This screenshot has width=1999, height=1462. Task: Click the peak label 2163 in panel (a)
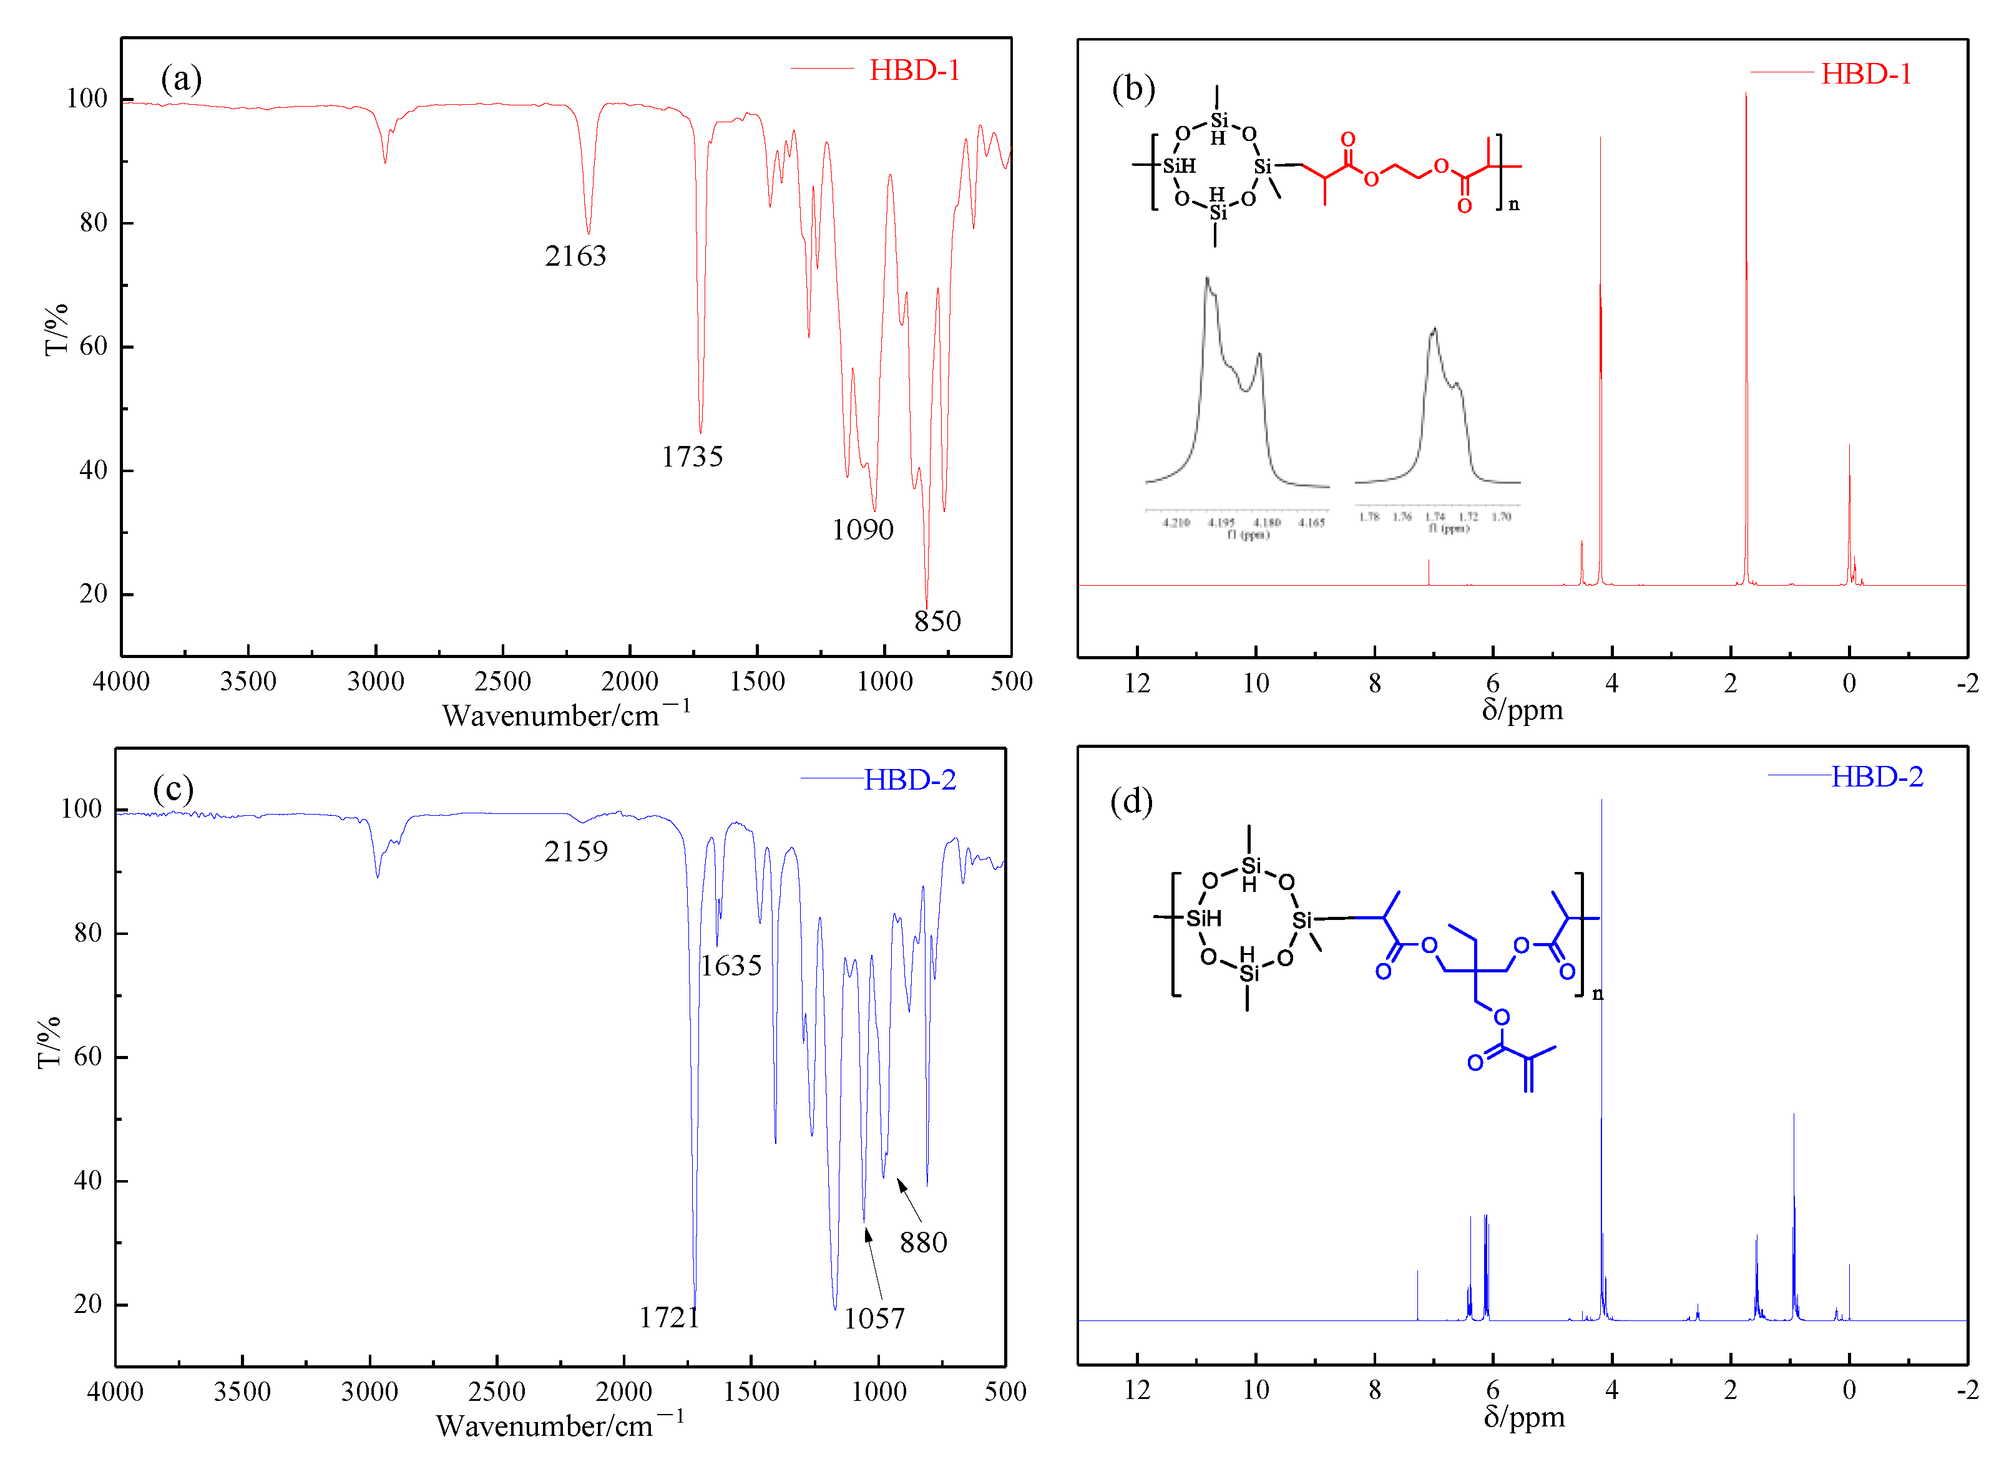click(x=575, y=256)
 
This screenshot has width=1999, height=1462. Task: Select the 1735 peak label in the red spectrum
click(x=692, y=457)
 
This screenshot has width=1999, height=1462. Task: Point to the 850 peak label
click(x=937, y=621)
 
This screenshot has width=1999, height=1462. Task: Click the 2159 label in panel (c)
click(x=575, y=851)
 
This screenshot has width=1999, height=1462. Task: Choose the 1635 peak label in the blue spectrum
click(x=730, y=966)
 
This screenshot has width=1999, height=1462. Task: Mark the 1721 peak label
click(x=669, y=1318)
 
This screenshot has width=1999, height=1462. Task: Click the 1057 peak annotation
click(x=874, y=1319)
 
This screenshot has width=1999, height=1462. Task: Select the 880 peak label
click(x=924, y=1242)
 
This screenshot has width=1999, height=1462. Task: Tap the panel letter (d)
click(x=1130, y=802)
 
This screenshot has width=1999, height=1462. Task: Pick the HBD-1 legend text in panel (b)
click(x=1865, y=74)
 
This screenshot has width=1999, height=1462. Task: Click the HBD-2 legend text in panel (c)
click(x=909, y=780)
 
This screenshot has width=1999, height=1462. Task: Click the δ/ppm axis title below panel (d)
click(x=1523, y=1417)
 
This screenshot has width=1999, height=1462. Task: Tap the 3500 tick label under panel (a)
click(x=248, y=682)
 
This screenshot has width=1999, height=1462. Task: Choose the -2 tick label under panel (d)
click(x=1967, y=1390)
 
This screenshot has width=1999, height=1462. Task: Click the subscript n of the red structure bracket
click(x=1514, y=205)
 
